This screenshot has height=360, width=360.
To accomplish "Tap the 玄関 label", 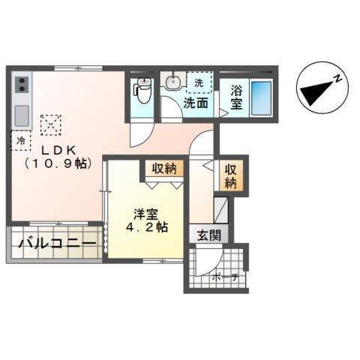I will (x=209, y=235).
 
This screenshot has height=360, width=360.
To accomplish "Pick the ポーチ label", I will (x=227, y=277).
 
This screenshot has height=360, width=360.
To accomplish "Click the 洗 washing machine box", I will (x=199, y=82).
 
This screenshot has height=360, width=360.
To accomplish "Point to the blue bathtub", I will (x=261, y=97).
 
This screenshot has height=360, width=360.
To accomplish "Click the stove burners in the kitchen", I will (x=20, y=83).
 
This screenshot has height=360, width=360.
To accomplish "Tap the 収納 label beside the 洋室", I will (x=165, y=167).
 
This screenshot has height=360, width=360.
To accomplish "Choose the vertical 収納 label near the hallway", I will (x=230, y=175).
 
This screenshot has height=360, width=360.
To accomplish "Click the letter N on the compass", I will (x=338, y=78).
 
